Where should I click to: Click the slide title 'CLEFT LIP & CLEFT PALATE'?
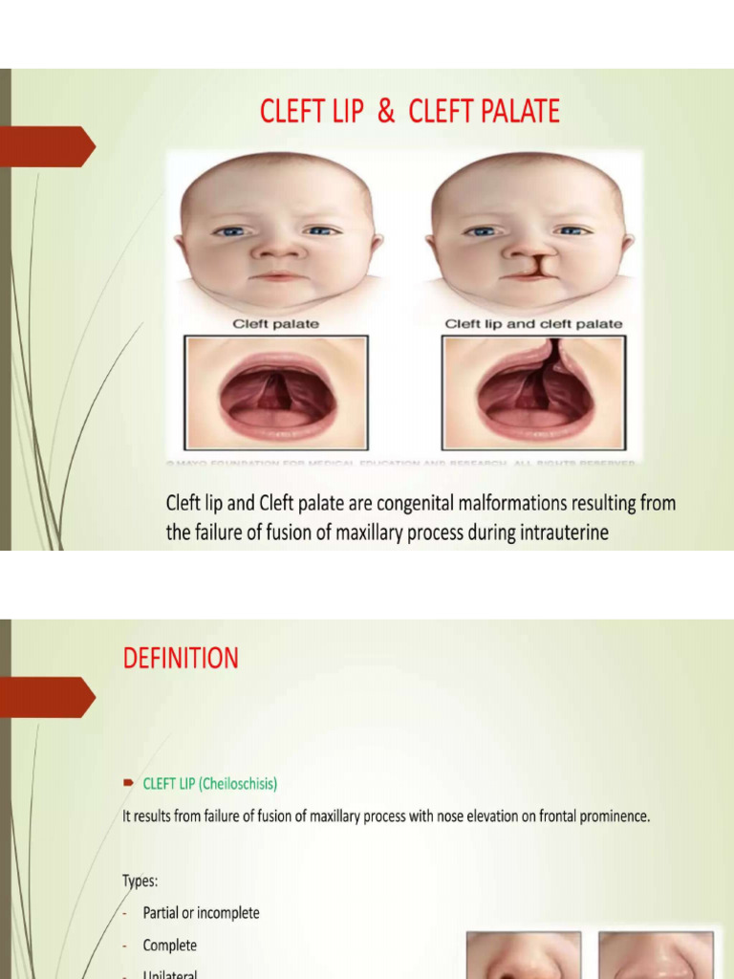click(x=410, y=112)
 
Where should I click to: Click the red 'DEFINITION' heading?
click(x=181, y=658)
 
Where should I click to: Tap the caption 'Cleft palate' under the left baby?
click(x=275, y=324)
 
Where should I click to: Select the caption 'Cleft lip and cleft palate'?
click(x=533, y=324)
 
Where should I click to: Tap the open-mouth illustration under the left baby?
click(x=277, y=392)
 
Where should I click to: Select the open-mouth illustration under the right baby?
click(x=533, y=392)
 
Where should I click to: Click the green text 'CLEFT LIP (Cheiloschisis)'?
click(x=210, y=784)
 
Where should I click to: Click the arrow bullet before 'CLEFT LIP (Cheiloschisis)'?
click(x=128, y=783)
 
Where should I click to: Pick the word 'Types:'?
click(x=140, y=881)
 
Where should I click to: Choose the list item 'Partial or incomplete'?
click(x=201, y=913)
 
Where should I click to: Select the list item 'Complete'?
click(x=169, y=946)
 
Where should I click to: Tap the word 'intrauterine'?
click(x=563, y=533)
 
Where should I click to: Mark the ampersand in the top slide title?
click(x=386, y=112)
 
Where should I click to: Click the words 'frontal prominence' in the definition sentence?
click(x=592, y=817)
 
